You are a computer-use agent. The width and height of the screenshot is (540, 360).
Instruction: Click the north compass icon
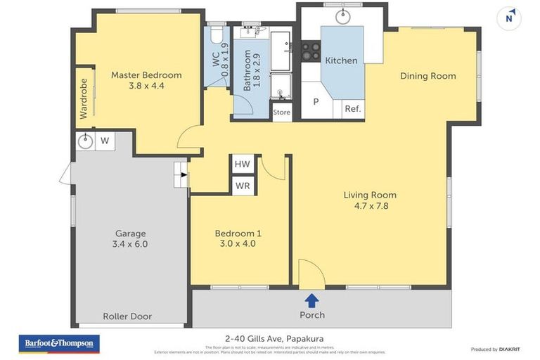tap(509, 18)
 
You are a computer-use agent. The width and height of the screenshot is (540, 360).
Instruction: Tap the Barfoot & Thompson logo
tap(59, 344)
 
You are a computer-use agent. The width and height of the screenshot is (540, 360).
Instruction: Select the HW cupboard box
tap(243, 164)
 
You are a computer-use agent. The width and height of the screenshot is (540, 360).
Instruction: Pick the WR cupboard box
tap(243, 186)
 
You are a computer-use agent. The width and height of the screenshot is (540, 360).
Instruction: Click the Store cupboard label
tap(281, 112)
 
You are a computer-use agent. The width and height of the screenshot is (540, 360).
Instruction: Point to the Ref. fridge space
tap(352, 109)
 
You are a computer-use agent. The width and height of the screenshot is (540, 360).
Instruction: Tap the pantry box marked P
tap(316, 101)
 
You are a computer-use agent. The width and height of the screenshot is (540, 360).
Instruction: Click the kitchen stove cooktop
tap(311, 51)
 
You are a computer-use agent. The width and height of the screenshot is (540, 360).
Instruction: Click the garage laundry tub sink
tap(85, 141)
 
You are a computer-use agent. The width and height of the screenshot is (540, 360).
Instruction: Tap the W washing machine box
tap(105, 141)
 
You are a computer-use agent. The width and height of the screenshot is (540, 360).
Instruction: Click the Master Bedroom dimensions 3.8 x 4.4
tap(146, 86)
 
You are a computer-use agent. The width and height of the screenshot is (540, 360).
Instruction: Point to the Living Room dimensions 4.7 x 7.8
tap(370, 206)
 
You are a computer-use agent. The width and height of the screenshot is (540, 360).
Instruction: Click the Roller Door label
tap(127, 316)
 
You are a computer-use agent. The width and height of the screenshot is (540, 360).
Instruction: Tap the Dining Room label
tap(427, 76)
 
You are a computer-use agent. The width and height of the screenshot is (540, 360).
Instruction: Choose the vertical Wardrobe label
tap(84, 98)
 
